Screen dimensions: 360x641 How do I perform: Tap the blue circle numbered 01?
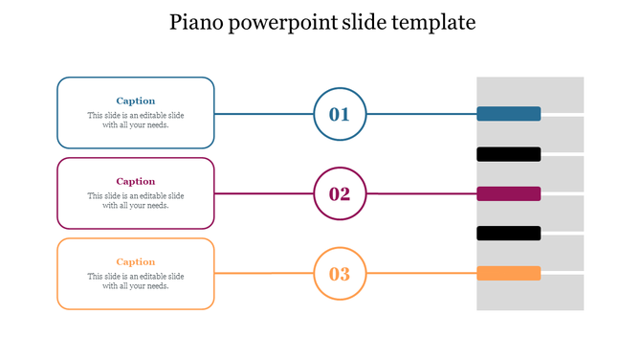click(x=340, y=114)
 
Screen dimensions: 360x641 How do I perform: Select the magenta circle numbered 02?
click(x=340, y=194)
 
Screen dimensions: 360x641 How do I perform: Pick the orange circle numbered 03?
click(x=340, y=275)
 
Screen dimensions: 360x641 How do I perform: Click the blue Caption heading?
click(x=136, y=101)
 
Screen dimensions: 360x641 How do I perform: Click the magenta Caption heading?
click(x=136, y=181)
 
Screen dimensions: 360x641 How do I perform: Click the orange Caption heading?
click(x=136, y=261)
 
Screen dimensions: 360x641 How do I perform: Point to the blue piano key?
click(x=509, y=114)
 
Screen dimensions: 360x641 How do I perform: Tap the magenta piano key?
click(x=509, y=193)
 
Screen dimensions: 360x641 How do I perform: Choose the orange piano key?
click(x=509, y=274)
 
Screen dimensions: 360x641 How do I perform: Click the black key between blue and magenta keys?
click(x=509, y=154)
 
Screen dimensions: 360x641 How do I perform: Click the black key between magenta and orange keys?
click(x=509, y=234)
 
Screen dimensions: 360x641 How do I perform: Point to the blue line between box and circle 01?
click(x=264, y=114)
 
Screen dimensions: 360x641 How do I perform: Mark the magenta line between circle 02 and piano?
click(x=421, y=193)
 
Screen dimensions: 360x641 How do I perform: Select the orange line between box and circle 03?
click(x=264, y=274)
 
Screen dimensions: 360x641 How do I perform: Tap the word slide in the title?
click(x=364, y=22)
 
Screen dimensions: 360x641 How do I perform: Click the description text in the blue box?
click(x=136, y=120)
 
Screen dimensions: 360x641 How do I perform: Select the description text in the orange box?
click(x=136, y=281)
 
